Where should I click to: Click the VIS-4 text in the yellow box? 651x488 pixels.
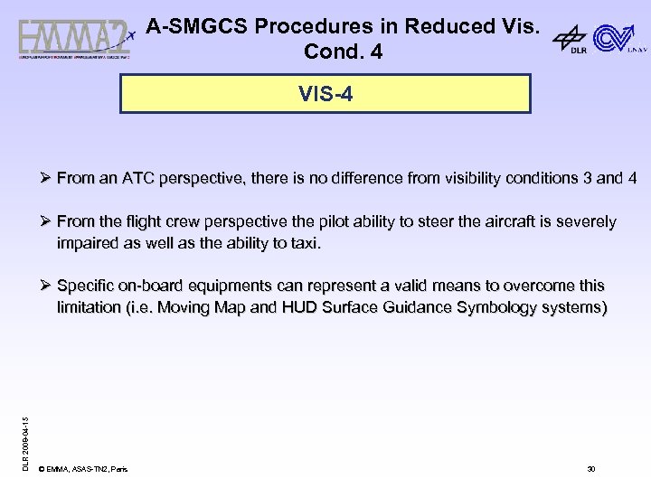point(325,93)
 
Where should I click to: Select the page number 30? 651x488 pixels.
point(590,469)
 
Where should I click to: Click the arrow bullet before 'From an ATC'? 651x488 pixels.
point(47,178)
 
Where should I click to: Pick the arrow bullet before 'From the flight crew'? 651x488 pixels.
point(47,221)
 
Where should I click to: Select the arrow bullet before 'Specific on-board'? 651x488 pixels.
point(47,286)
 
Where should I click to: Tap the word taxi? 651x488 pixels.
point(304,243)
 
